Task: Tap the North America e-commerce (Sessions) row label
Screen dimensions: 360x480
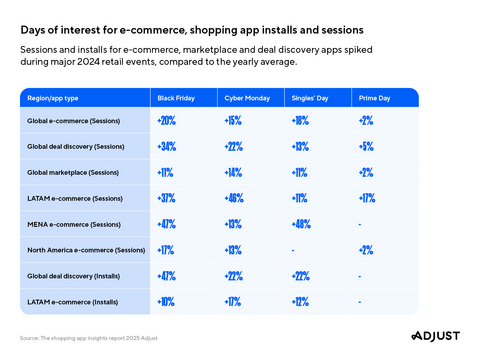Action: coord(85,249)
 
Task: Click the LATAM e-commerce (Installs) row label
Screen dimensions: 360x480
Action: coord(66,300)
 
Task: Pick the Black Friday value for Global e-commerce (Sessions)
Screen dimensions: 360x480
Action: coord(167,121)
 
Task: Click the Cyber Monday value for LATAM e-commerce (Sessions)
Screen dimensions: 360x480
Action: coord(236,198)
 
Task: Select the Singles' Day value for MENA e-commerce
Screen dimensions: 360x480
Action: coord(301,223)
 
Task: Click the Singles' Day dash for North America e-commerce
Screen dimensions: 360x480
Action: coord(293,249)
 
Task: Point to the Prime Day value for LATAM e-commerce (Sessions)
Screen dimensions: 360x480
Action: coord(367,198)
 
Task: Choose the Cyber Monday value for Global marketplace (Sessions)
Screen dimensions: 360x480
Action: coord(235,172)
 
